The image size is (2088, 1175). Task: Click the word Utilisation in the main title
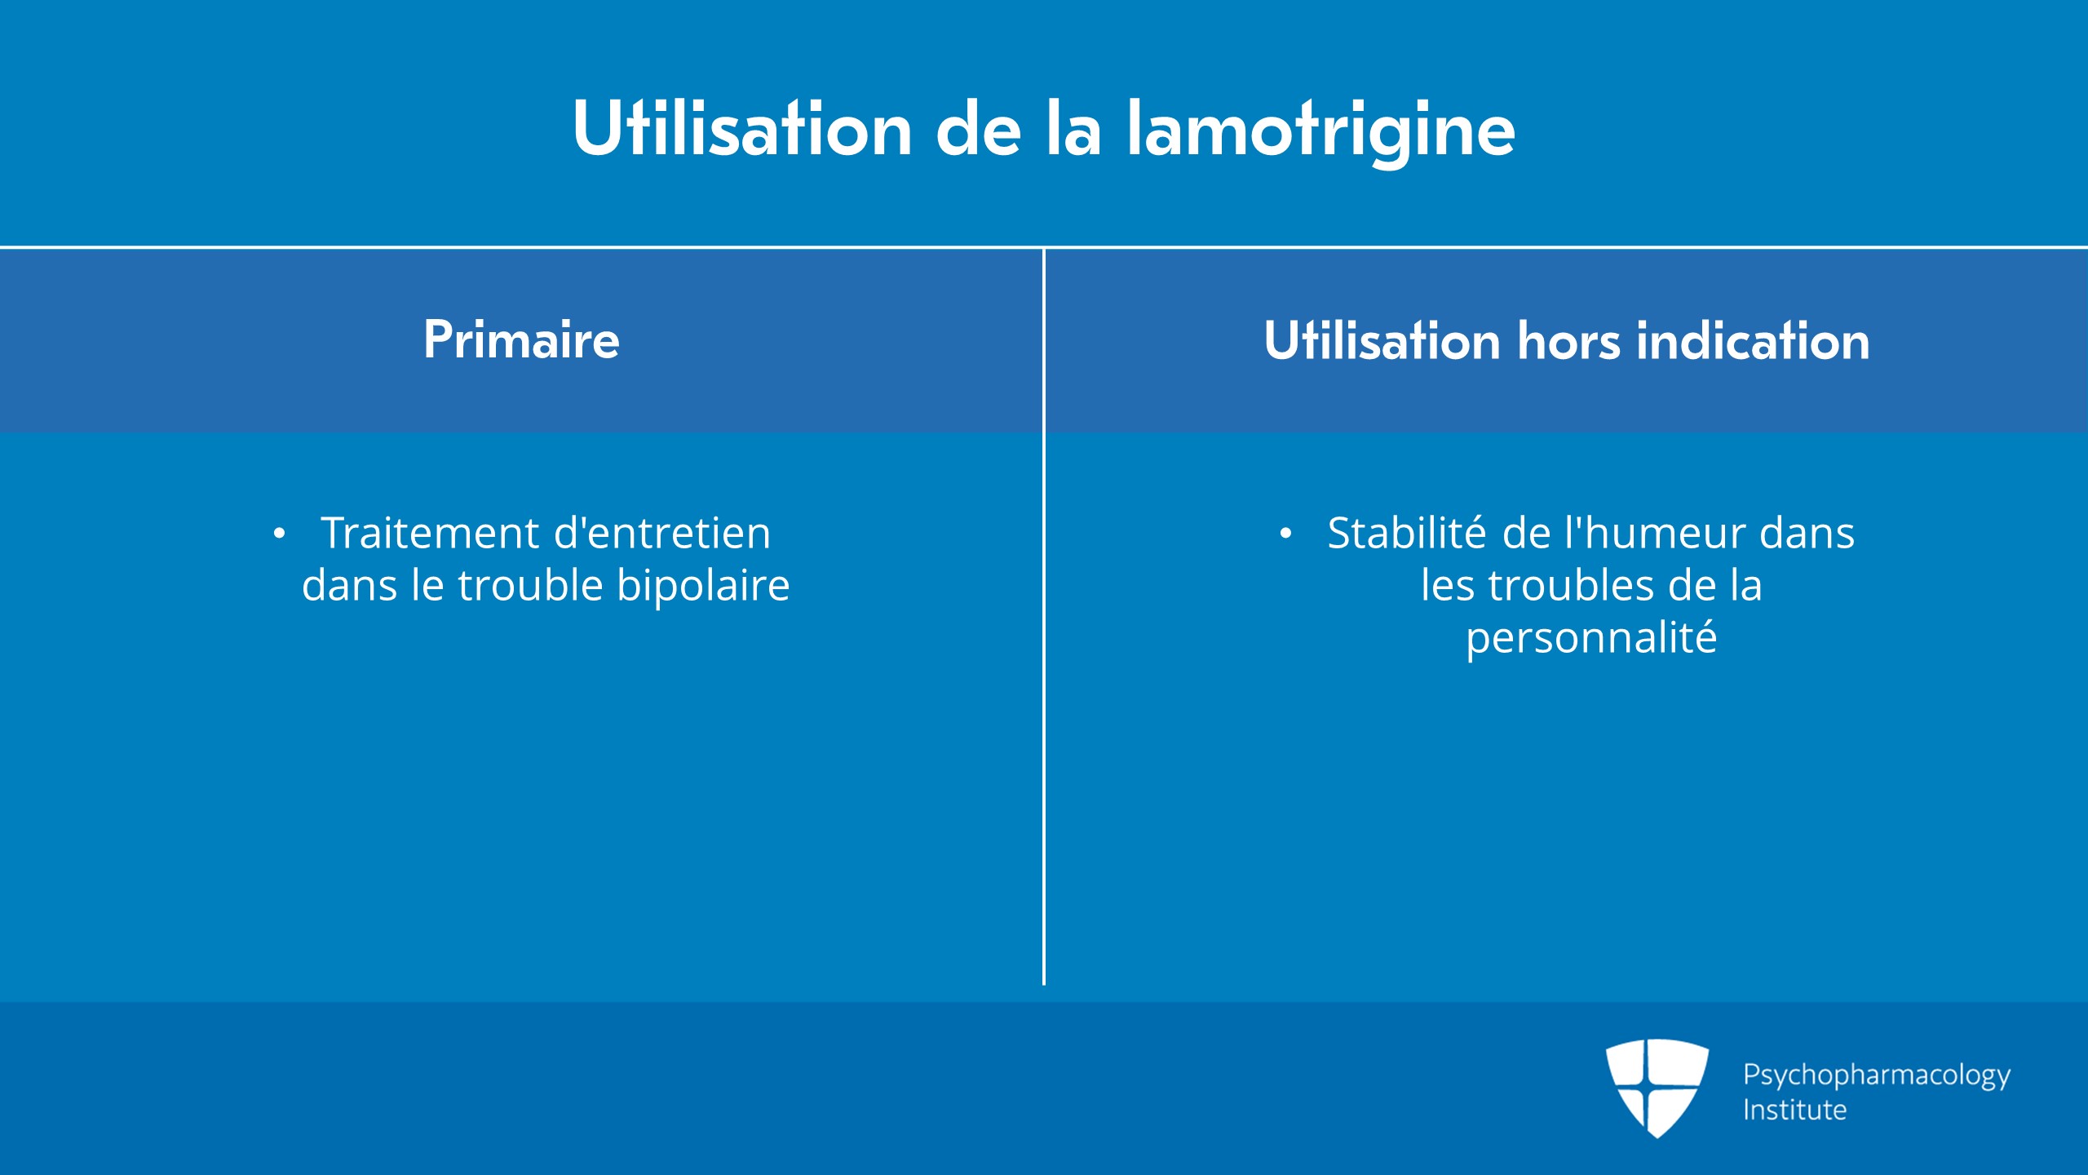pyautogui.click(x=742, y=128)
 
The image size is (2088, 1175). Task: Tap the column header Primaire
pyautogui.click(x=521, y=339)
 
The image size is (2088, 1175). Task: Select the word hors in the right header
pyautogui.click(x=1568, y=340)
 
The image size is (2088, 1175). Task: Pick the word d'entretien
pyautogui.click(x=662, y=533)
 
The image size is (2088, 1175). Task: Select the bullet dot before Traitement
pyautogui.click(x=280, y=534)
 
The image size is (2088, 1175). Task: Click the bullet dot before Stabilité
pyautogui.click(x=1286, y=534)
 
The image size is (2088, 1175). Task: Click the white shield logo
pyautogui.click(x=1657, y=1088)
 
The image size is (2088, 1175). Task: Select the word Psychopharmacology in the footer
pyautogui.click(x=1877, y=1075)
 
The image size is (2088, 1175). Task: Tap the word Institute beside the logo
pyautogui.click(x=1794, y=1110)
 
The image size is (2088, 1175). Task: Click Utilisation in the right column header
pyautogui.click(x=1382, y=340)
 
